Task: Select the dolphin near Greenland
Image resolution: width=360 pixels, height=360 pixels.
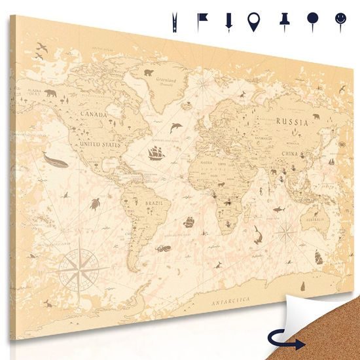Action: click(x=175, y=126)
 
